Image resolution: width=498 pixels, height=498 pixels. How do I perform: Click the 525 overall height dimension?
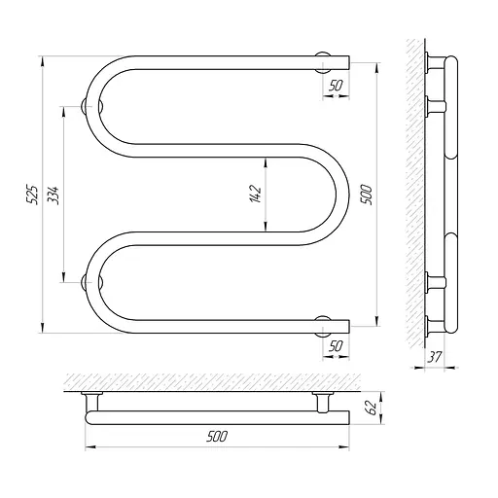click(32, 195)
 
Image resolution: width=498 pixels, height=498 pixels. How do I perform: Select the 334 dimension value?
click(53, 195)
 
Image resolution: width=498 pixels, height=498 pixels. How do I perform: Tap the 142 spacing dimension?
click(256, 194)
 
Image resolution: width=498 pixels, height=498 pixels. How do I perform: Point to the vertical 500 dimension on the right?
click(366, 195)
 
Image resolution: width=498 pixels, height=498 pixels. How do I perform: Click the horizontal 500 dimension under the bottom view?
click(217, 437)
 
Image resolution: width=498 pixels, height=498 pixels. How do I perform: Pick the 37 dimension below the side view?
click(435, 357)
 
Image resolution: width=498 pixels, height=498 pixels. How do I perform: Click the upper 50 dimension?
click(336, 86)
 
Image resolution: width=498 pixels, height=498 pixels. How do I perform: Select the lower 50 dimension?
click(336, 346)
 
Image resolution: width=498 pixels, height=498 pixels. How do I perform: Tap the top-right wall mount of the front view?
click(323, 62)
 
